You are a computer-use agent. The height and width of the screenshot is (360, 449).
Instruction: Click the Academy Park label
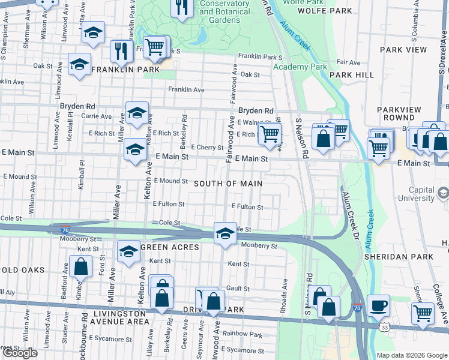point(300,67)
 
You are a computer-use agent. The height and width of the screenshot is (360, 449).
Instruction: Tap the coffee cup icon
point(378,305)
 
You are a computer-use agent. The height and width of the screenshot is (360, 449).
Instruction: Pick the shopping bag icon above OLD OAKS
point(80,266)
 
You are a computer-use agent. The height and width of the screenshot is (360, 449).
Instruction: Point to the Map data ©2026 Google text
point(412,355)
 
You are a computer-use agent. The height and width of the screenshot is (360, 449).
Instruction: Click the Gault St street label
point(238,289)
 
